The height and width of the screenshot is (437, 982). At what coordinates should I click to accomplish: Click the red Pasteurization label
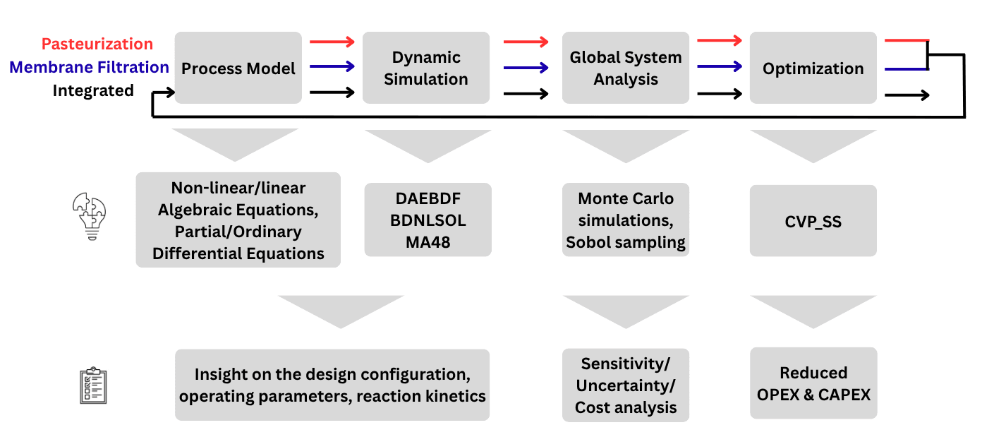[97, 44]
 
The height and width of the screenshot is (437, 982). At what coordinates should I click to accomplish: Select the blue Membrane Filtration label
[89, 67]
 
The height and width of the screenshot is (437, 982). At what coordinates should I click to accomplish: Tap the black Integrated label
[93, 90]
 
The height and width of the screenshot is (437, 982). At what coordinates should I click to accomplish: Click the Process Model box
[238, 68]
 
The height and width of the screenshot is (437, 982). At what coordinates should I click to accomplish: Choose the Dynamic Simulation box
[426, 68]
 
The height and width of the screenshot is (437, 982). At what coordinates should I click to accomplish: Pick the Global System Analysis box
[626, 68]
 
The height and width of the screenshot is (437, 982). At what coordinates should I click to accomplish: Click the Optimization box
[813, 68]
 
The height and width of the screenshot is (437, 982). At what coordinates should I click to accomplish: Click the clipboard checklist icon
[92, 385]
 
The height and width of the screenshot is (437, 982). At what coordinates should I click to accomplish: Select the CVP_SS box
[813, 221]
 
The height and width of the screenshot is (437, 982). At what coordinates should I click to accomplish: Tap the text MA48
[428, 241]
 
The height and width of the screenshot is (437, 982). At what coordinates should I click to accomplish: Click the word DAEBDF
[428, 199]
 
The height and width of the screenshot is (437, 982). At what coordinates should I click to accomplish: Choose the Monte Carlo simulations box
[626, 220]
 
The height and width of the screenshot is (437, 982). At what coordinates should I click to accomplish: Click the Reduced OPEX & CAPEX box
[813, 383]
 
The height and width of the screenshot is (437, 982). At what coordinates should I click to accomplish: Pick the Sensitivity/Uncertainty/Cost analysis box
[626, 385]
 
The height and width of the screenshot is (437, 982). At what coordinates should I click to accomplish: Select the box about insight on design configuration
[332, 385]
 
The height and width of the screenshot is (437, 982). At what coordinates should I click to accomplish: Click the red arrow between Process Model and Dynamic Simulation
[332, 42]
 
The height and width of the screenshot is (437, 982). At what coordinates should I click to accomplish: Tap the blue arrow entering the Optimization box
[719, 67]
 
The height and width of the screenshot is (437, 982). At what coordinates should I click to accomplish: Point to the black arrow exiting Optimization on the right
[907, 95]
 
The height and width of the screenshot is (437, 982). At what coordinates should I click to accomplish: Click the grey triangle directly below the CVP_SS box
[813, 309]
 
